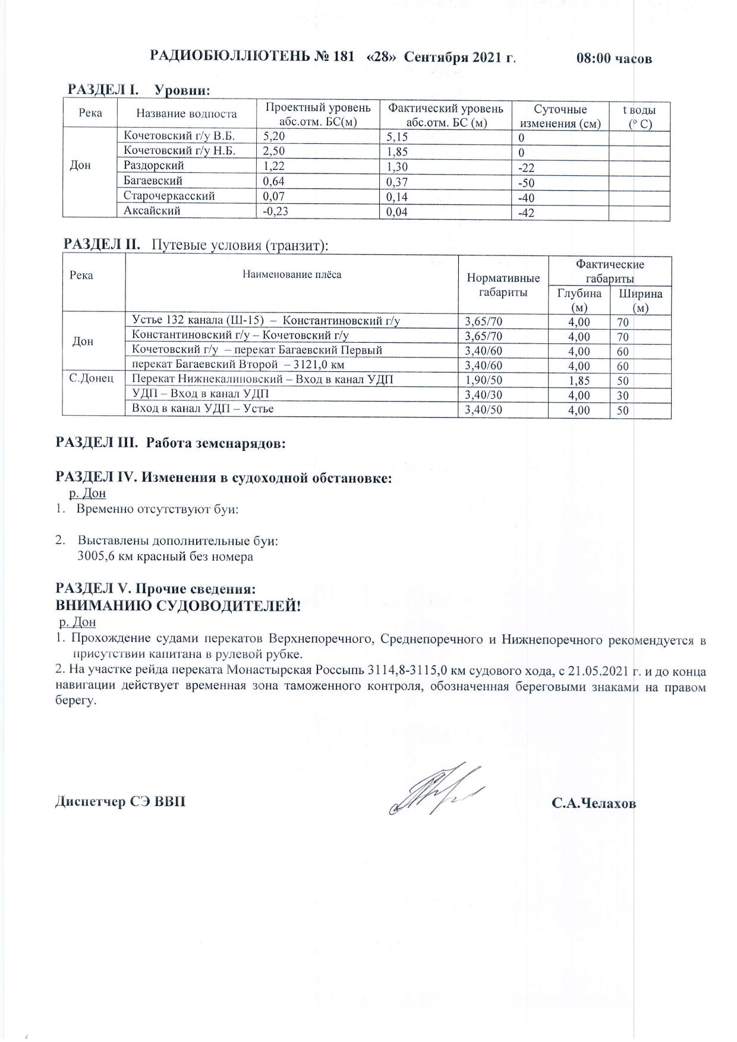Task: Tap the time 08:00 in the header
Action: (594, 59)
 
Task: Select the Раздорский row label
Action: (154, 166)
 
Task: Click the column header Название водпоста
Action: (186, 113)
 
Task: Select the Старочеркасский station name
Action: (169, 195)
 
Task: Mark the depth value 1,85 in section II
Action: (579, 381)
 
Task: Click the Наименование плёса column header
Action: (292, 274)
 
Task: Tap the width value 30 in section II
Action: (622, 396)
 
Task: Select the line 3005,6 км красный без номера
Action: (165, 557)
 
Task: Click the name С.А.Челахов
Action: (593, 803)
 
